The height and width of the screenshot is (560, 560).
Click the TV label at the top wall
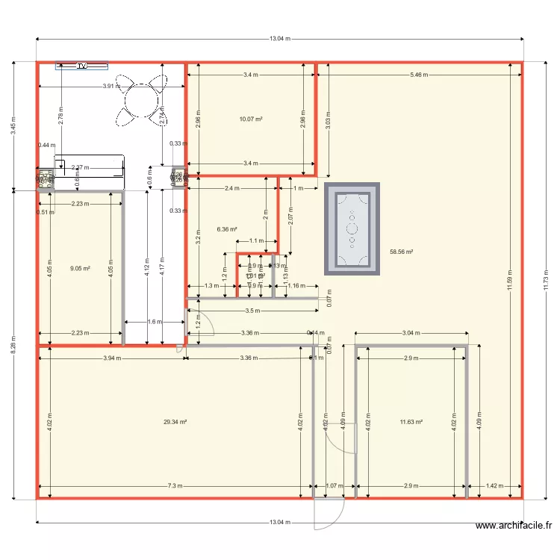tap(82, 66)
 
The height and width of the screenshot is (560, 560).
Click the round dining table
tap(140, 99)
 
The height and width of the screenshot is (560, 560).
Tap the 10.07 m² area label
tap(250, 119)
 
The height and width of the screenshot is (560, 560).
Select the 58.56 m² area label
tap(402, 252)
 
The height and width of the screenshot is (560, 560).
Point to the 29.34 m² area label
tap(175, 422)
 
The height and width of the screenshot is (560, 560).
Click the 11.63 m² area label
tap(411, 422)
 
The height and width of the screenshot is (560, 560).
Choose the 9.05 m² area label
tap(80, 269)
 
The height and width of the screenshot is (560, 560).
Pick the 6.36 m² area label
tap(227, 230)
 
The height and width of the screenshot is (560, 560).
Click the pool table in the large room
tap(352, 228)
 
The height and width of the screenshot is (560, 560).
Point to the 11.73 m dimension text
tap(547, 280)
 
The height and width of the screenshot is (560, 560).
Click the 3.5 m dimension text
tap(252, 310)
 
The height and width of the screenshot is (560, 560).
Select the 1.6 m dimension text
tap(154, 322)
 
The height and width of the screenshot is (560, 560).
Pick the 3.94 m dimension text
tap(112, 358)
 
